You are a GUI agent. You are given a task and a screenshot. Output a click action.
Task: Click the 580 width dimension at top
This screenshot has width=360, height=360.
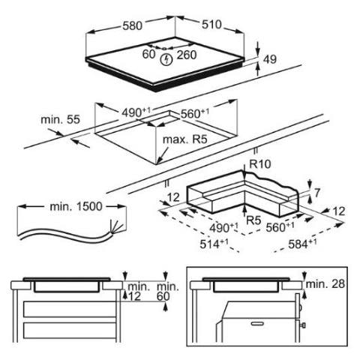(132, 25)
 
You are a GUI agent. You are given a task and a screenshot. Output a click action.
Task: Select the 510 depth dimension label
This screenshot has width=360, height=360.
(211, 25)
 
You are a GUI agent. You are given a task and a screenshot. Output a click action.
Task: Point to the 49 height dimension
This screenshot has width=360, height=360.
(270, 59)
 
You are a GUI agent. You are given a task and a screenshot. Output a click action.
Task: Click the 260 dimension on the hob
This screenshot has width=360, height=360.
(187, 55)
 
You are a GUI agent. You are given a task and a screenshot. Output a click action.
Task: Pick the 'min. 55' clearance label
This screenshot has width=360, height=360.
(60, 119)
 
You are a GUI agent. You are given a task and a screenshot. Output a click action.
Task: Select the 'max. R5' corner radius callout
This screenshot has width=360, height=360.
(185, 139)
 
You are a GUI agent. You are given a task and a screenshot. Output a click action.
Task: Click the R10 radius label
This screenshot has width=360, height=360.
(260, 164)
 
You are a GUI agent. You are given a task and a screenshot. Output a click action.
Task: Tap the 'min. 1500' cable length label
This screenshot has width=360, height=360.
(76, 206)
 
